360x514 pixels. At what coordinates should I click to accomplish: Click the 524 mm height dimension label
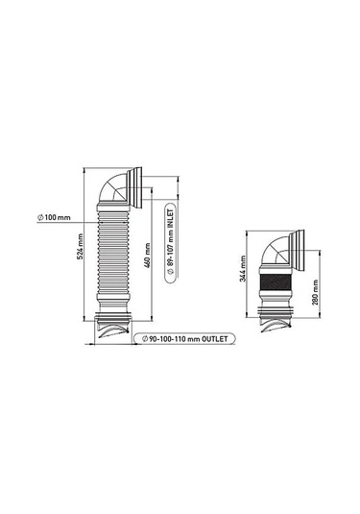point(80,247)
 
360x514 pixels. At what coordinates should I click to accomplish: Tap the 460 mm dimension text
point(148,256)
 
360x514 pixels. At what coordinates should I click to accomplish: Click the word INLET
point(170,220)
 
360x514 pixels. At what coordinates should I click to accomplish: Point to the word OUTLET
point(214,338)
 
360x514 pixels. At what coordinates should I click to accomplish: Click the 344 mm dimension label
point(243,268)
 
